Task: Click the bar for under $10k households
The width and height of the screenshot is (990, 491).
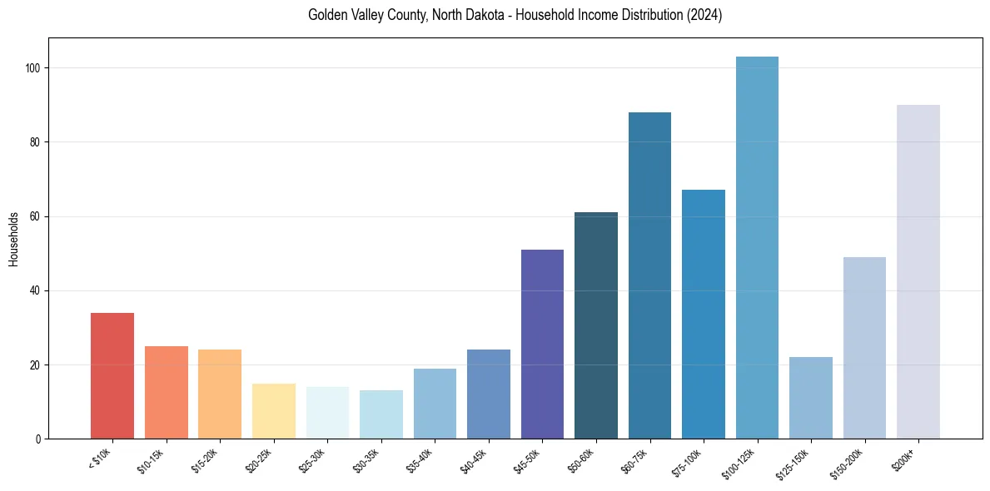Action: [x=112, y=375]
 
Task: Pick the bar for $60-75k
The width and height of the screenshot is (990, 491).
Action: [x=649, y=275]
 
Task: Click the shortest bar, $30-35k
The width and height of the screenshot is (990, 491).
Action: [x=381, y=414]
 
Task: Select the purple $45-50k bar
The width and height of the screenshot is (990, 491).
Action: [x=542, y=344]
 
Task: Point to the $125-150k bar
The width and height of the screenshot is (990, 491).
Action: [x=811, y=398]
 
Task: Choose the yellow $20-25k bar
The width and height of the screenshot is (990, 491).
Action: [x=274, y=411]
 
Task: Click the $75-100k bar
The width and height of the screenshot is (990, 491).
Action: [x=704, y=314]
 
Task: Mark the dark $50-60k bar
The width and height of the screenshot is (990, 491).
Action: [x=596, y=325]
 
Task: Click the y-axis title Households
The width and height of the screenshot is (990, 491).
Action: [x=13, y=239]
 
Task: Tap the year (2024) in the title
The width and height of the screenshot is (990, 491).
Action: [x=704, y=15]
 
